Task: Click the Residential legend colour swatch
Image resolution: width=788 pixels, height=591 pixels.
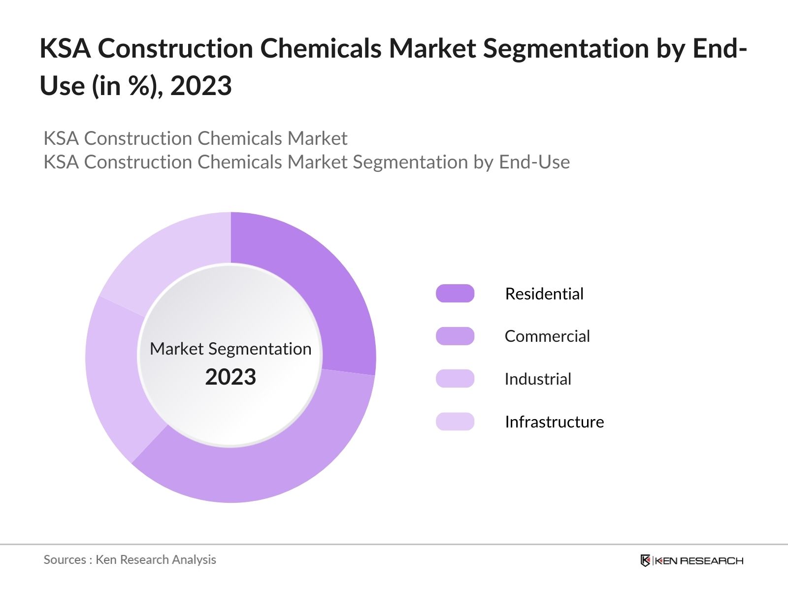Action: (x=455, y=294)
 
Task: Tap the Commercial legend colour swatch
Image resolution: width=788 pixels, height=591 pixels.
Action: (x=455, y=336)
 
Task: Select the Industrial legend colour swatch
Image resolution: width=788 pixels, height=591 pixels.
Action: (x=455, y=379)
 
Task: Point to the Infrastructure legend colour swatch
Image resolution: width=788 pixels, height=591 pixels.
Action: (x=455, y=422)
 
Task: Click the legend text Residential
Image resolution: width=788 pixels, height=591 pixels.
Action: (x=544, y=294)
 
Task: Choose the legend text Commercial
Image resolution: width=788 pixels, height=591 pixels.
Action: (x=547, y=336)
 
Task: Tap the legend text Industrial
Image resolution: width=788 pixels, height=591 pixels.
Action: (x=538, y=379)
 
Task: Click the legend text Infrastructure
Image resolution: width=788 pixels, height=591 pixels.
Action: (x=554, y=422)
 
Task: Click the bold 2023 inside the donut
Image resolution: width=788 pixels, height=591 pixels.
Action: (x=230, y=377)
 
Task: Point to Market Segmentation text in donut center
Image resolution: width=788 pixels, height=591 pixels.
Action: (x=230, y=349)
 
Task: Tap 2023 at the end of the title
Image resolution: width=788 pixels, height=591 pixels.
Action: (x=201, y=86)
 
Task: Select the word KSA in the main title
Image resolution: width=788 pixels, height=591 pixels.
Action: (x=65, y=48)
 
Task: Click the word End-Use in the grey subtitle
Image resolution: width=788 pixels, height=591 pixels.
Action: (x=534, y=162)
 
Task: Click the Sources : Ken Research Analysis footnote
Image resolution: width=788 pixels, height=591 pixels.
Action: (x=130, y=559)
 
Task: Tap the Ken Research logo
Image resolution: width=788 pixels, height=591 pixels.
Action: (x=691, y=560)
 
